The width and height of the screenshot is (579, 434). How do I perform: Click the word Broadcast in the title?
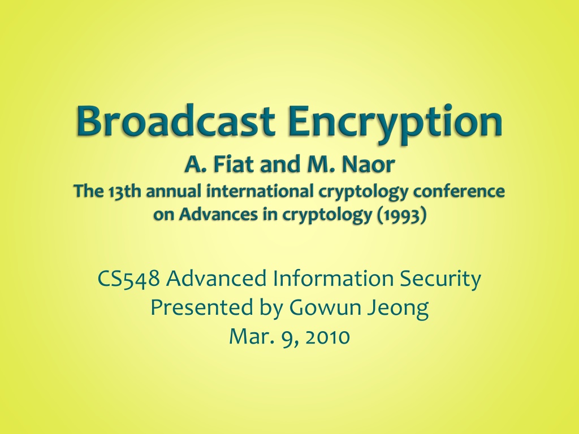(x=176, y=120)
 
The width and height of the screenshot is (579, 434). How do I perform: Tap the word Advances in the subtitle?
(x=218, y=214)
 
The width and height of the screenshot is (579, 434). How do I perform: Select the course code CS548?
(x=129, y=279)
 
